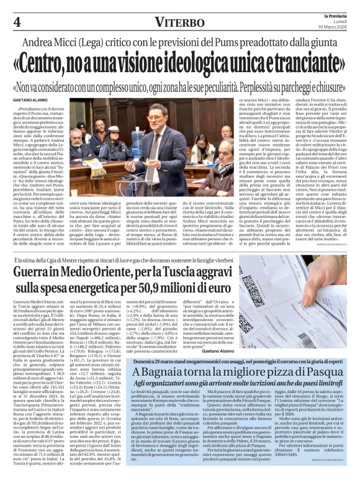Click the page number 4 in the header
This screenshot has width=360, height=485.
16,22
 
